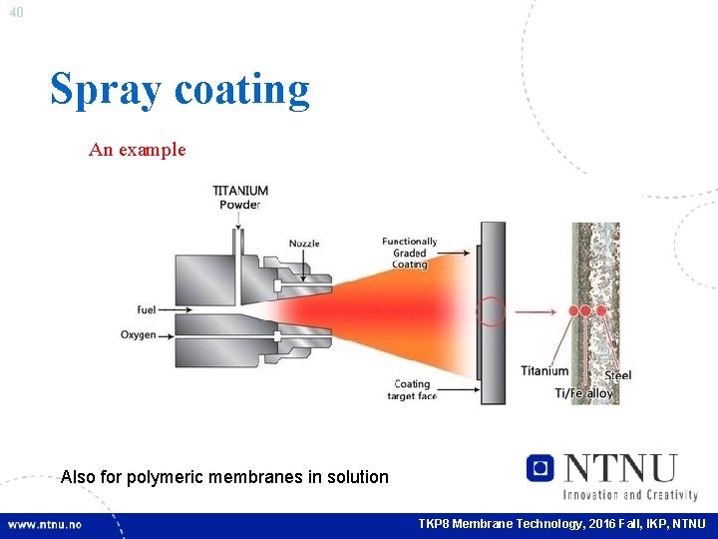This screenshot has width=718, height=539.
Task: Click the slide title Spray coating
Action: (x=180, y=89)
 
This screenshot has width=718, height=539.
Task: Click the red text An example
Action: (x=137, y=150)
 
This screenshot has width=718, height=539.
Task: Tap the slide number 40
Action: (x=15, y=12)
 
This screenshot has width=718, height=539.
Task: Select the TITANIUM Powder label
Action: (x=240, y=198)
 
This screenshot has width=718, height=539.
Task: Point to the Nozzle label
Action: (x=305, y=244)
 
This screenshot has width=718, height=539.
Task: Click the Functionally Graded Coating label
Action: (x=409, y=253)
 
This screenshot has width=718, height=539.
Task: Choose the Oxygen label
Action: (x=139, y=335)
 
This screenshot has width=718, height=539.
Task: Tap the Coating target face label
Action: (x=412, y=389)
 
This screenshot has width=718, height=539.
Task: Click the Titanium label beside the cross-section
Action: (x=544, y=371)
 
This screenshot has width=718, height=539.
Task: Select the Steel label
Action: (x=618, y=375)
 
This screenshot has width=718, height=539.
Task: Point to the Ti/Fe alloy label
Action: (x=584, y=393)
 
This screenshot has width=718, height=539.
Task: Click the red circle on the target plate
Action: (x=490, y=311)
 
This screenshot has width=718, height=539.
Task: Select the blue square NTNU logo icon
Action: (x=539, y=467)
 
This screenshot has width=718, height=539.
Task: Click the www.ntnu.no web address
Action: (x=45, y=524)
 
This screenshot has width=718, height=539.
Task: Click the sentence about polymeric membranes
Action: (x=224, y=477)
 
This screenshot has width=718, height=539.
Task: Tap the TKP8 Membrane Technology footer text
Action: (x=561, y=524)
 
